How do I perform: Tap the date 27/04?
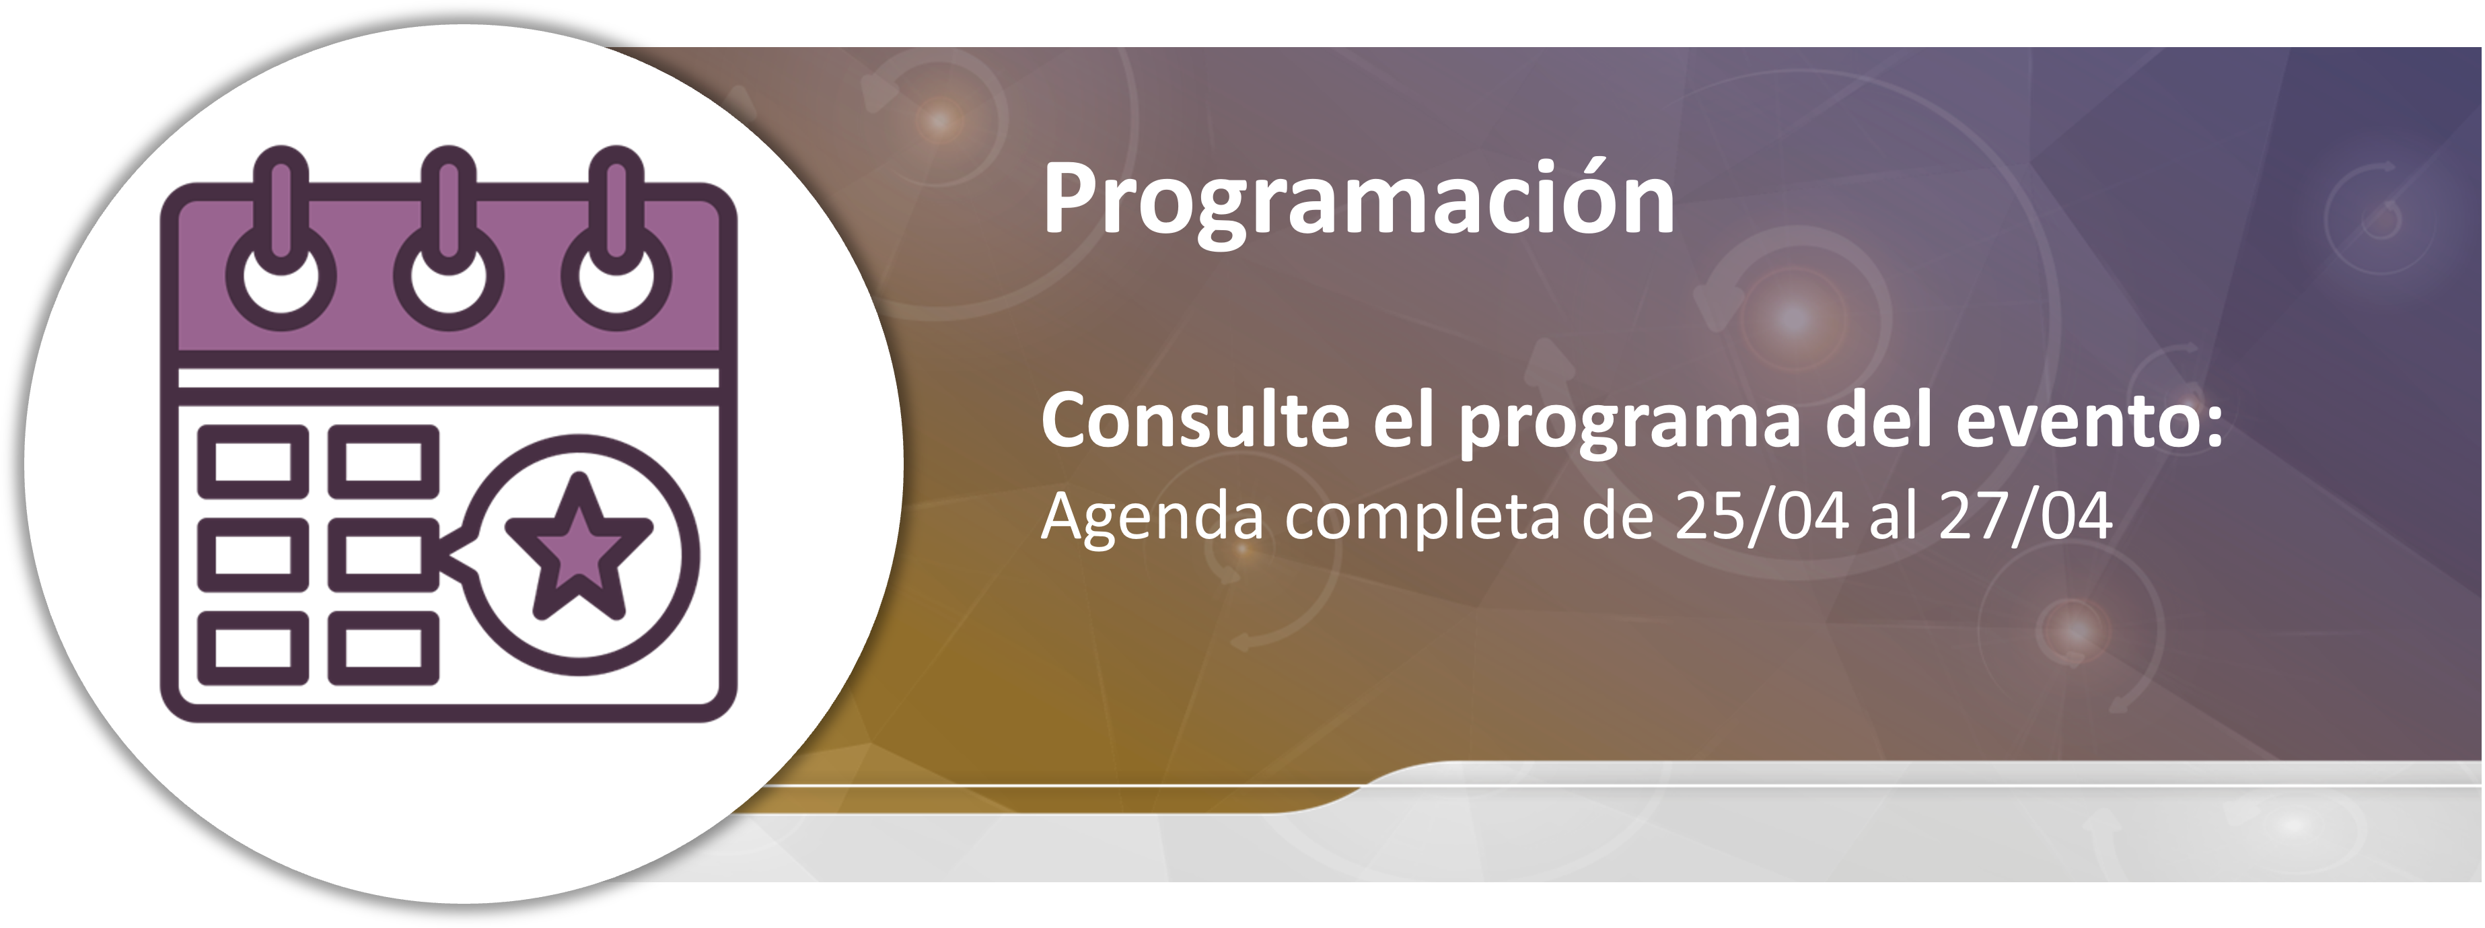(x=2026, y=516)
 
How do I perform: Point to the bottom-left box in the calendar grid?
(x=254, y=646)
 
